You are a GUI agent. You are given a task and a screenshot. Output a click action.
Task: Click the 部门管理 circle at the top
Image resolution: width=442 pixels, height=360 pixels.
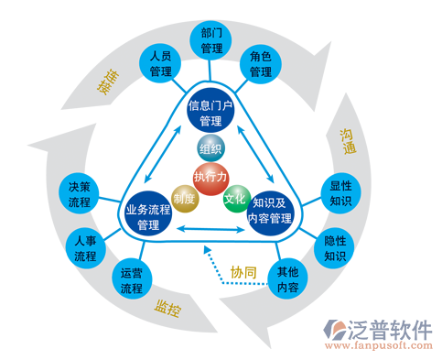211,38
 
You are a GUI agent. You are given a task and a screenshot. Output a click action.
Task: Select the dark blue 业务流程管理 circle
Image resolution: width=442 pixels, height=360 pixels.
149,216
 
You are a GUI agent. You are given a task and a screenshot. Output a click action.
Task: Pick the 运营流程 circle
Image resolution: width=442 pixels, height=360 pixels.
132,280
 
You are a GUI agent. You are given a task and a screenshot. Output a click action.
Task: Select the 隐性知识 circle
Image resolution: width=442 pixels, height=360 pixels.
336,248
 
